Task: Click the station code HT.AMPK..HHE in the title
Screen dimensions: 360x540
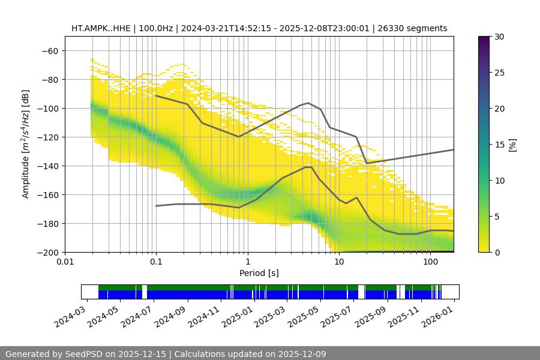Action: pyautogui.click(x=96, y=28)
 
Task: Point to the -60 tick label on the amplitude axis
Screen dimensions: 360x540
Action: pyautogui.click(x=49, y=50)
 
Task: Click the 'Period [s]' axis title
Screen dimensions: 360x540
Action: pyautogui.click(x=259, y=273)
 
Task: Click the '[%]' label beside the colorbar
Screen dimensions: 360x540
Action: pyautogui.click(x=512, y=145)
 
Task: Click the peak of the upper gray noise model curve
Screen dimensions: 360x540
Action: pyautogui.click(x=308, y=103)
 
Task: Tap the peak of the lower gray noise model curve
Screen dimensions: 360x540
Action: pyautogui.click(x=308, y=167)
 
